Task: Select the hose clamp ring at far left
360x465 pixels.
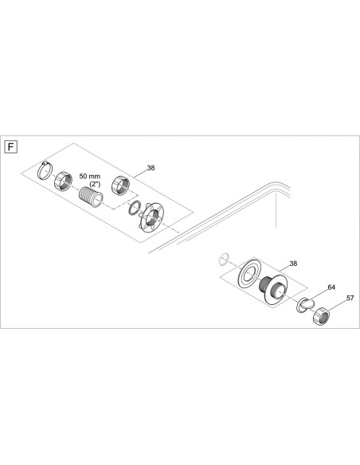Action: click(47, 170)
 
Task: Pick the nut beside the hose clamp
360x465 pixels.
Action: click(65, 183)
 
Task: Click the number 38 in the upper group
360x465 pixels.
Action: click(152, 169)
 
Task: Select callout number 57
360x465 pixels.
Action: click(348, 299)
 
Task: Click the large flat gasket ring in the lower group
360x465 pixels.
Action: click(251, 278)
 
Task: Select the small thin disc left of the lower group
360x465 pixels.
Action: click(224, 257)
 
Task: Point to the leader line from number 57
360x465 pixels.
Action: click(339, 303)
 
